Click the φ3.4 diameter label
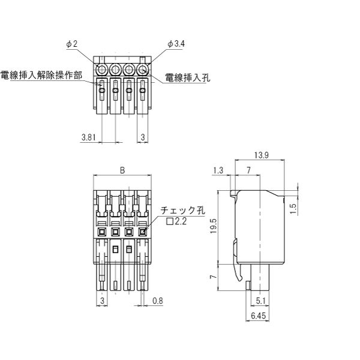point(175,44)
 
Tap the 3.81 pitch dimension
point(88,137)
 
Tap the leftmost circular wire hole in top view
point(101,69)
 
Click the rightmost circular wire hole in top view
point(143,69)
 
